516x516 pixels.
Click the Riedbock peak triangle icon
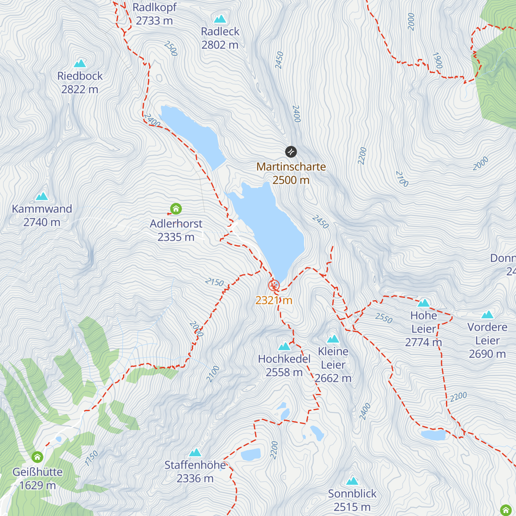click(80, 63)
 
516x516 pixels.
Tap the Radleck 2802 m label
click(220, 38)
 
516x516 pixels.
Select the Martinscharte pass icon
click(291, 152)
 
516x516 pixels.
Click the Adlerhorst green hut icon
click(176, 209)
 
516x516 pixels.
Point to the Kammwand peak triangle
click(42, 197)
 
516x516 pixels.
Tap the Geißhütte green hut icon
click(37, 457)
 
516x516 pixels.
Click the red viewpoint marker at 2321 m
click(274, 285)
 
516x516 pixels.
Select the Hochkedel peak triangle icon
click(284, 346)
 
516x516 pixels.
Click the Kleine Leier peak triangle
click(333, 339)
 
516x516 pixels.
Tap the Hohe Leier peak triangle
click(424, 303)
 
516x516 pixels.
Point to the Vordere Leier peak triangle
click(487, 314)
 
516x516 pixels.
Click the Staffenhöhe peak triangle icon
click(195, 452)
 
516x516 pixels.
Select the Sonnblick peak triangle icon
click(352, 481)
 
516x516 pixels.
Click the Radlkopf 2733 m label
click(154, 14)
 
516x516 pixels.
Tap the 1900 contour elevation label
click(437, 61)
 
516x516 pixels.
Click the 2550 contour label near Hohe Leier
click(384, 318)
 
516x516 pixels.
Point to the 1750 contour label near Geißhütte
click(91, 458)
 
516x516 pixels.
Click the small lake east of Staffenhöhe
click(251, 455)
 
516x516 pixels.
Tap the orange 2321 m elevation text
click(274, 300)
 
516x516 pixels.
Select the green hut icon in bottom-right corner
click(505, 510)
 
